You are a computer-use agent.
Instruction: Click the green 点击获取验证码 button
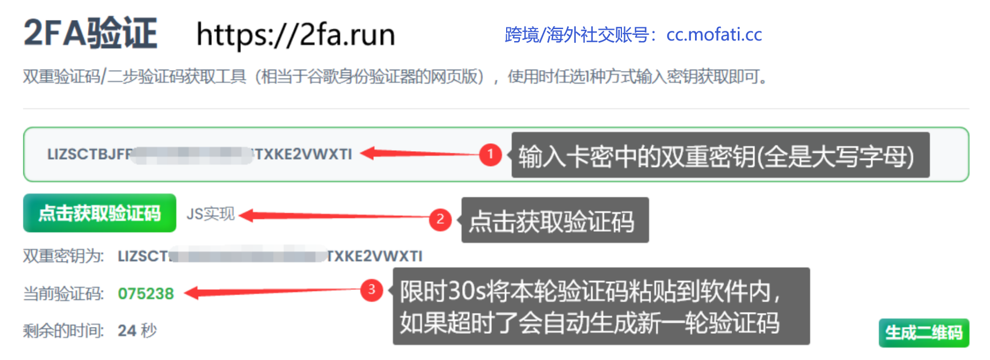click(x=99, y=213)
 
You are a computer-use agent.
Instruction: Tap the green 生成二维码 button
click(x=923, y=333)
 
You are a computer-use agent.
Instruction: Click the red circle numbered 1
click(x=490, y=154)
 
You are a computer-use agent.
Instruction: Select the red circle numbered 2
click(x=440, y=220)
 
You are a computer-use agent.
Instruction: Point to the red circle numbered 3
click(x=371, y=290)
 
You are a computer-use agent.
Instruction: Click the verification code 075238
click(x=146, y=294)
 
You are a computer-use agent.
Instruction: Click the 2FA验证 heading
click(x=90, y=33)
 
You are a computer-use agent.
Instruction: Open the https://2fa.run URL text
click(x=296, y=35)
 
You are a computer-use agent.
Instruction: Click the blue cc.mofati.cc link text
click(x=714, y=35)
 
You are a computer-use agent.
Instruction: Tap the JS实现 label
click(x=211, y=214)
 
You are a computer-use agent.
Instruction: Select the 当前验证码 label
click(x=63, y=294)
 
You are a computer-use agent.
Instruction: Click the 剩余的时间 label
click(x=63, y=330)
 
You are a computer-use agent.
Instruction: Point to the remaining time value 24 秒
click(x=137, y=330)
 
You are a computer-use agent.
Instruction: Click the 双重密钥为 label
click(x=63, y=256)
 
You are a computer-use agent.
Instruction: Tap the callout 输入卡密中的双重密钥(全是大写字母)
click(x=720, y=156)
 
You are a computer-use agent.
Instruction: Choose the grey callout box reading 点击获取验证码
click(x=555, y=220)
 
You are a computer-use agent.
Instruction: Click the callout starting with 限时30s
click(x=601, y=306)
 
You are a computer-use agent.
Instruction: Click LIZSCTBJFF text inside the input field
click(x=89, y=154)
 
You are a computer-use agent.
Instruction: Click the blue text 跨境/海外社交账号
click(x=576, y=35)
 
